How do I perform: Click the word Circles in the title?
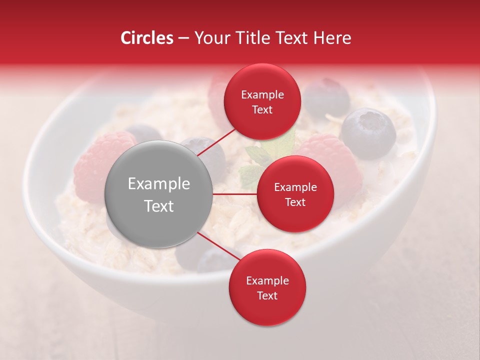tap(147, 38)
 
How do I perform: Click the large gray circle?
tap(159, 194)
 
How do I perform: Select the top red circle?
tap(262, 102)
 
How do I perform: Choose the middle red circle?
tap(295, 194)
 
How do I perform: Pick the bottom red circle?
tap(267, 288)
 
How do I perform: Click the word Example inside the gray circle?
tap(159, 184)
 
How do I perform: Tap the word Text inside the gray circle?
tap(159, 206)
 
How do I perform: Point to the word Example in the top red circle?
tap(262, 95)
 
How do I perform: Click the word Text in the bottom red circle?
tap(267, 296)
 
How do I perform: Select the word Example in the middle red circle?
tap(295, 187)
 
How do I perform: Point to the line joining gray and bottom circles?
tap(218, 248)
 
